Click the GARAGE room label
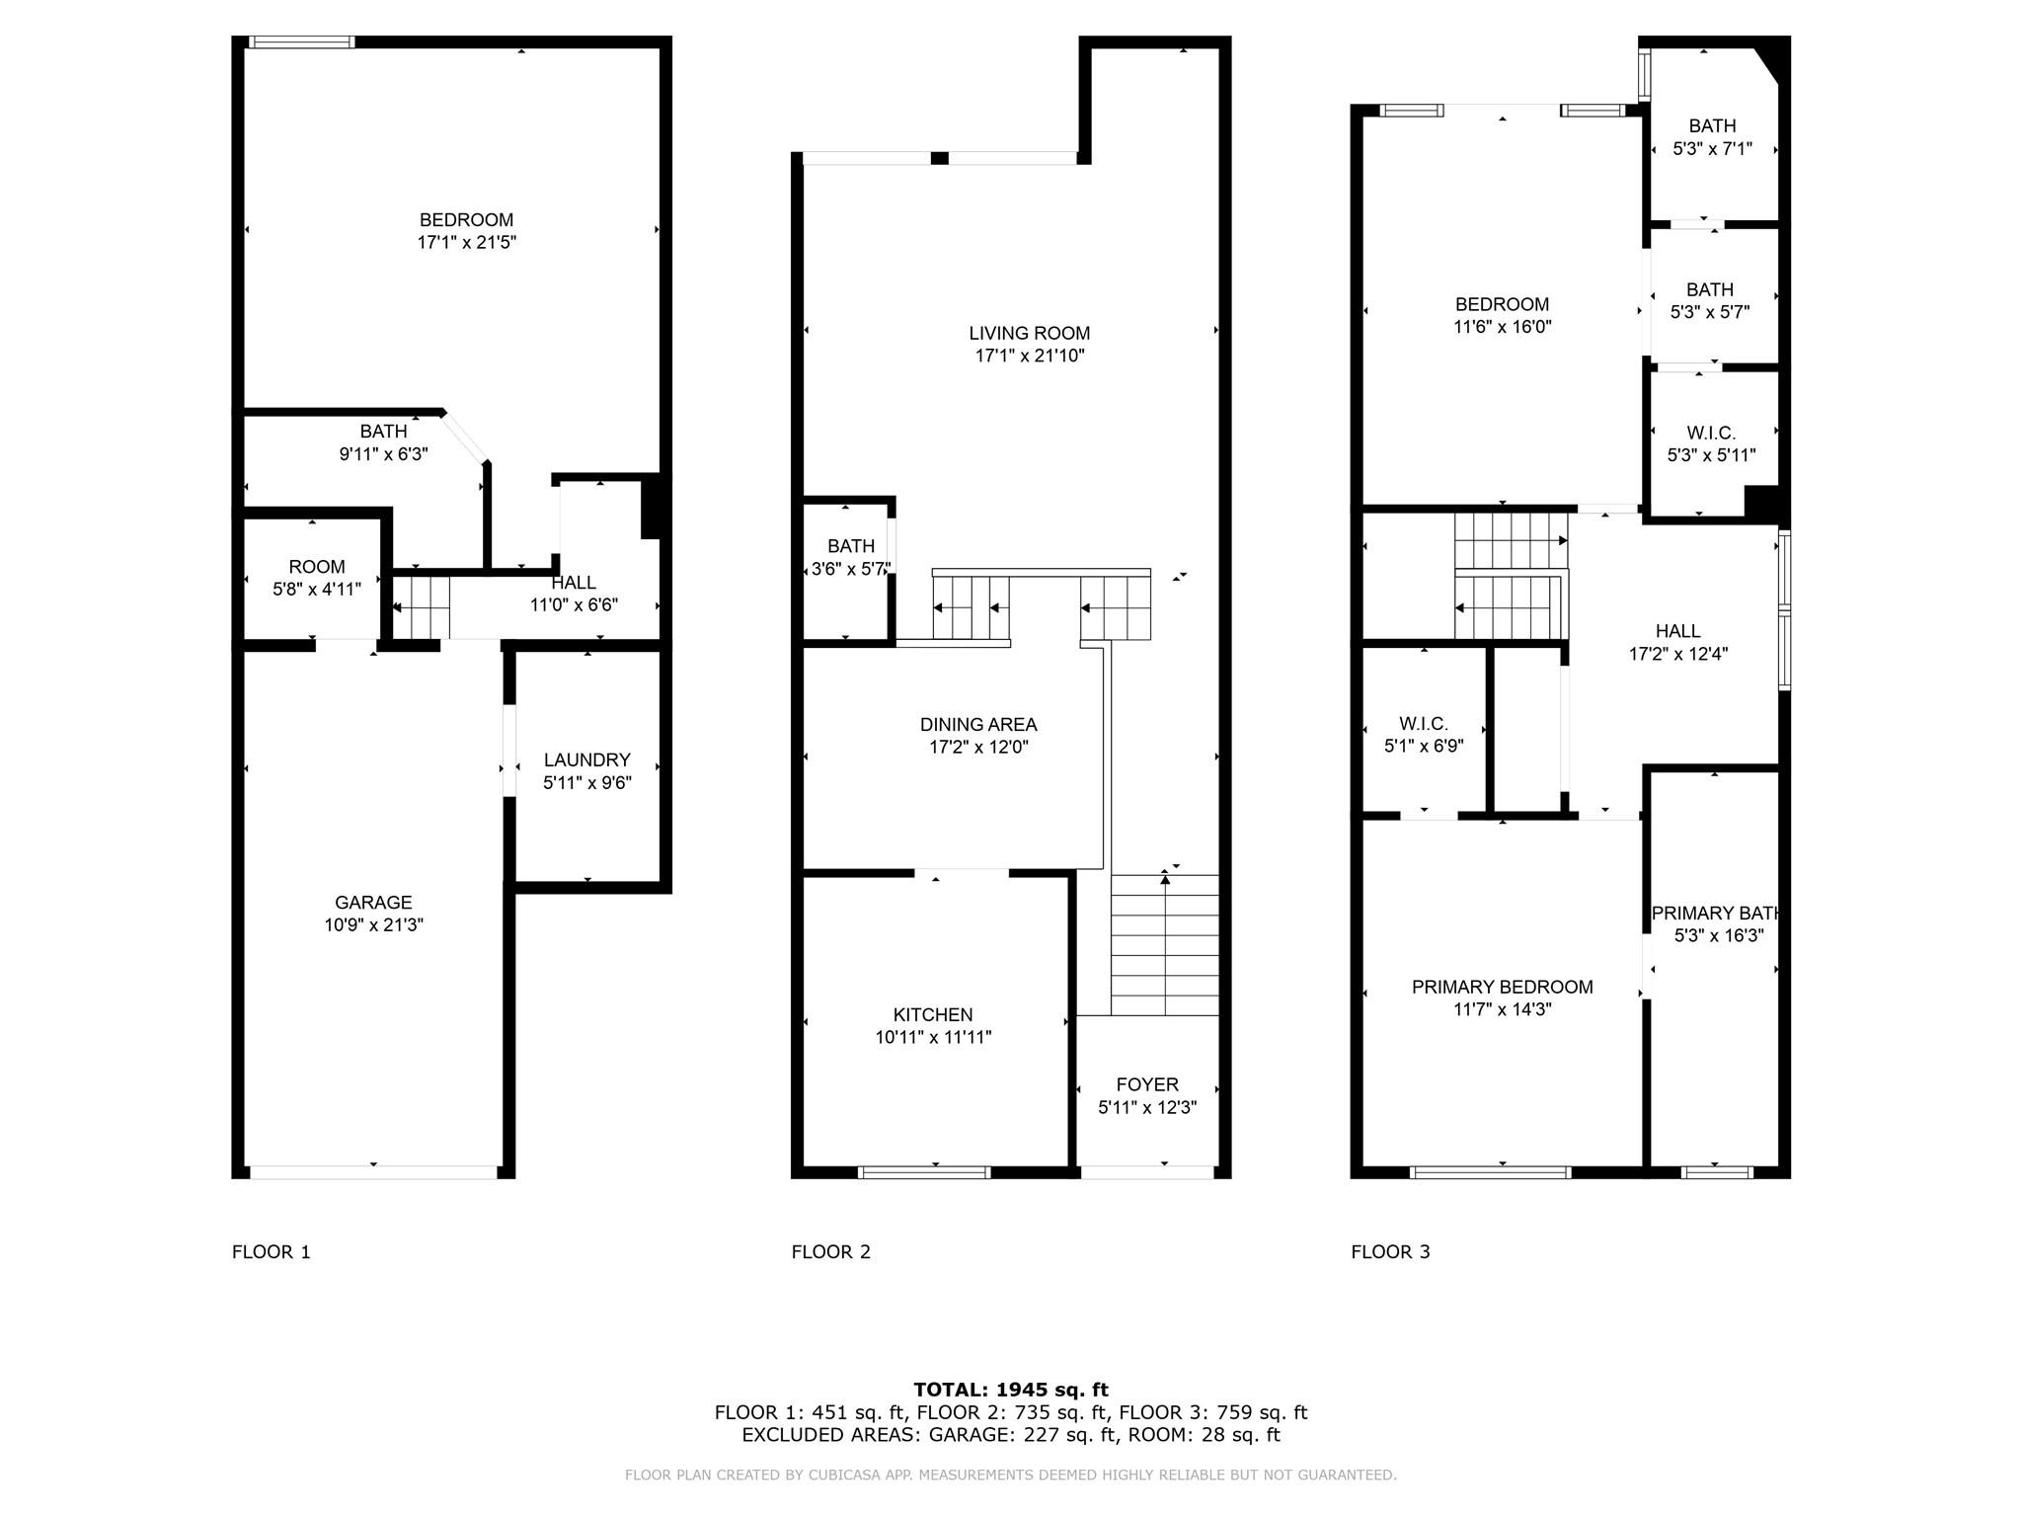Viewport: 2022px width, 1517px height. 373,902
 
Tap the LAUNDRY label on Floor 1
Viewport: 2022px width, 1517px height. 587,759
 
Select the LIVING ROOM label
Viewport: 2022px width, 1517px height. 1030,334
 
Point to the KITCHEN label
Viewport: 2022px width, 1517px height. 933,1014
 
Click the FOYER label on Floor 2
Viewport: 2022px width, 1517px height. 1147,1084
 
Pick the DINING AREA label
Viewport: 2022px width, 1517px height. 978,725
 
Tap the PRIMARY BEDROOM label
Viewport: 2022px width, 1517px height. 1503,987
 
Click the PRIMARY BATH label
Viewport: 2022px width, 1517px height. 1716,913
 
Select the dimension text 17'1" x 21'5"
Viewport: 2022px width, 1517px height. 467,242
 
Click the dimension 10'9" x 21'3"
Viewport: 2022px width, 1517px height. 373,924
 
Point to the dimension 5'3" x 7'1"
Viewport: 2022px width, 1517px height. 1712,148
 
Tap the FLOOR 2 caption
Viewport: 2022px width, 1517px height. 831,1251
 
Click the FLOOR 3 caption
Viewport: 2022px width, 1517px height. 1390,1251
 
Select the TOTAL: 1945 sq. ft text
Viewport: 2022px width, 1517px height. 1011,1390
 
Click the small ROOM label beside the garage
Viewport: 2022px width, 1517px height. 317,567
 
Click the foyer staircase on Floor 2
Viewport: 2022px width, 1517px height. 1165,945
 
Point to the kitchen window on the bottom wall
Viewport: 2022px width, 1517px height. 924,1172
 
